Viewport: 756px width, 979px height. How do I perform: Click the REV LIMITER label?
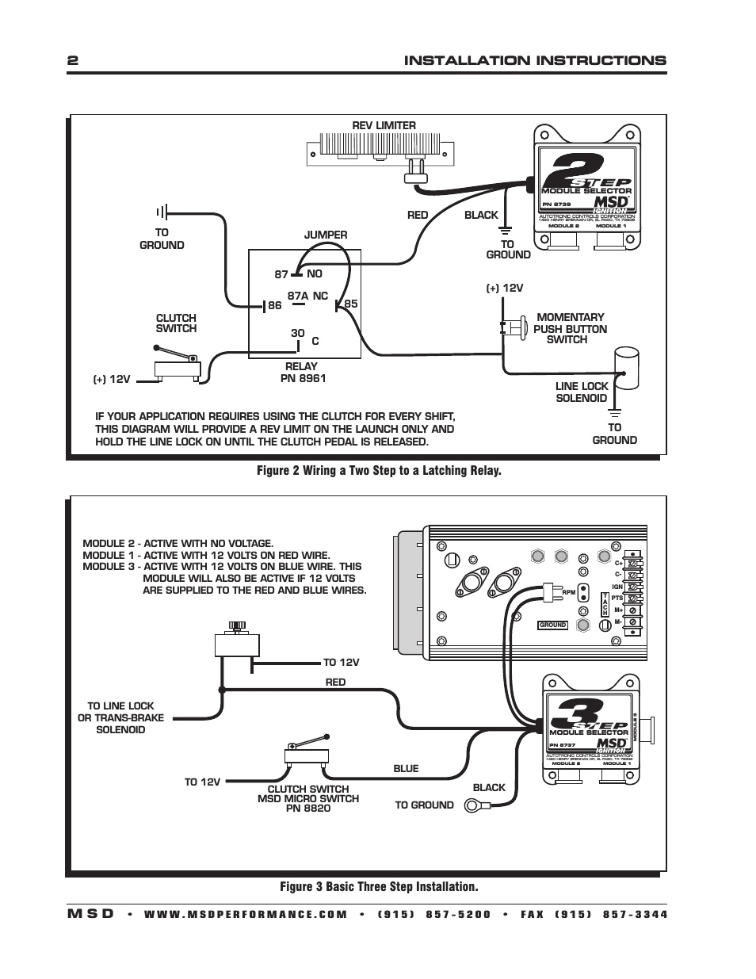tap(384, 125)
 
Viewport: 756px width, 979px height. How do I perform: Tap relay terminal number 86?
tap(274, 305)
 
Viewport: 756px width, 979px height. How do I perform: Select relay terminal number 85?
tap(350, 304)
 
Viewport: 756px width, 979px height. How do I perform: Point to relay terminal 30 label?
tap(297, 333)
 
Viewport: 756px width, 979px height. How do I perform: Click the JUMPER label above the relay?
tap(326, 235)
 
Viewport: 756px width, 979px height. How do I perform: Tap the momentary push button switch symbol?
tap(514, 327)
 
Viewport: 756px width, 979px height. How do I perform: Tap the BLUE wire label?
tap(406, 768)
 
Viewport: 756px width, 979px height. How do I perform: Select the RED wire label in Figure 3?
tap(335, 682)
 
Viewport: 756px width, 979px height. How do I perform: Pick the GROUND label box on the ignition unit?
tap(552, 625)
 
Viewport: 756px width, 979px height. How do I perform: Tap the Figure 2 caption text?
tap(379, 471)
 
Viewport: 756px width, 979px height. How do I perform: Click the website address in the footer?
tap(246, 914)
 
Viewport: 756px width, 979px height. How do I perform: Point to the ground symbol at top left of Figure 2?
tap(162, 212)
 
